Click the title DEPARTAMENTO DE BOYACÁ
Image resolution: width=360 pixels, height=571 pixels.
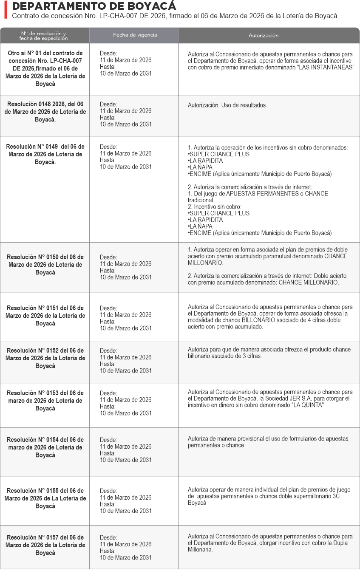coord(94,6)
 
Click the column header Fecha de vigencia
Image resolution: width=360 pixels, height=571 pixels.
coord(135,35)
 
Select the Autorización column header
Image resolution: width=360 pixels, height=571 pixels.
coord(263,36)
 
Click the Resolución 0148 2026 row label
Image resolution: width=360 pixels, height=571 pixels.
coord(45,112)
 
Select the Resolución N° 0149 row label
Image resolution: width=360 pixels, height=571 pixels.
coord(45,154)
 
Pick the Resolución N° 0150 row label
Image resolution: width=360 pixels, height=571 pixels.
coord(45,264)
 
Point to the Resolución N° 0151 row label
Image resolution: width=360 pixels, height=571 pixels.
coord(45,315)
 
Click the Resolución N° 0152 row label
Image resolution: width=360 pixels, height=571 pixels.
coord(45,358)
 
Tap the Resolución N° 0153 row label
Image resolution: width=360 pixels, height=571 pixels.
coord(45,400)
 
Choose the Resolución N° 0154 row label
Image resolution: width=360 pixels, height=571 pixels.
coord(45,447)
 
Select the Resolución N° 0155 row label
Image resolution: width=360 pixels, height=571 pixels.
coord(45,498)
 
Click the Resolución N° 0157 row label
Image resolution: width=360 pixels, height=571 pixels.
coord(45,545)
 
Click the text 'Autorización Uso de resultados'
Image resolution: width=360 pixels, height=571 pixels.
coord(227,105)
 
